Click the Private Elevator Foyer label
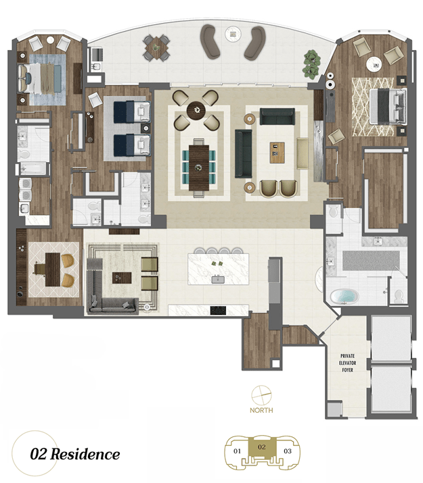pos(347,363)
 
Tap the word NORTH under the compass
pos(261,410)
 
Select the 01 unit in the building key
pos(237,451)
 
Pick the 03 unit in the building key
pos(287,451)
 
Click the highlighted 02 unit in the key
pos(262,448)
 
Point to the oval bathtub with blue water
pos(344,297)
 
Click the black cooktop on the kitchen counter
pos(218,310)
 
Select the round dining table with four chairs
pos(196,110)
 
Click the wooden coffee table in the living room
pos(277,153)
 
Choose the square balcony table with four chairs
pos(156,48)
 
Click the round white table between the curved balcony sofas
pos(233,33)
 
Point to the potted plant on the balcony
pos(311,63)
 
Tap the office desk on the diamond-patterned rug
pos(53,270)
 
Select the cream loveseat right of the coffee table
pos(303,154)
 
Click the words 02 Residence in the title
pos(75,455)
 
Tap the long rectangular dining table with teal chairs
pos(199,167)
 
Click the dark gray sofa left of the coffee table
pos(244,154)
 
